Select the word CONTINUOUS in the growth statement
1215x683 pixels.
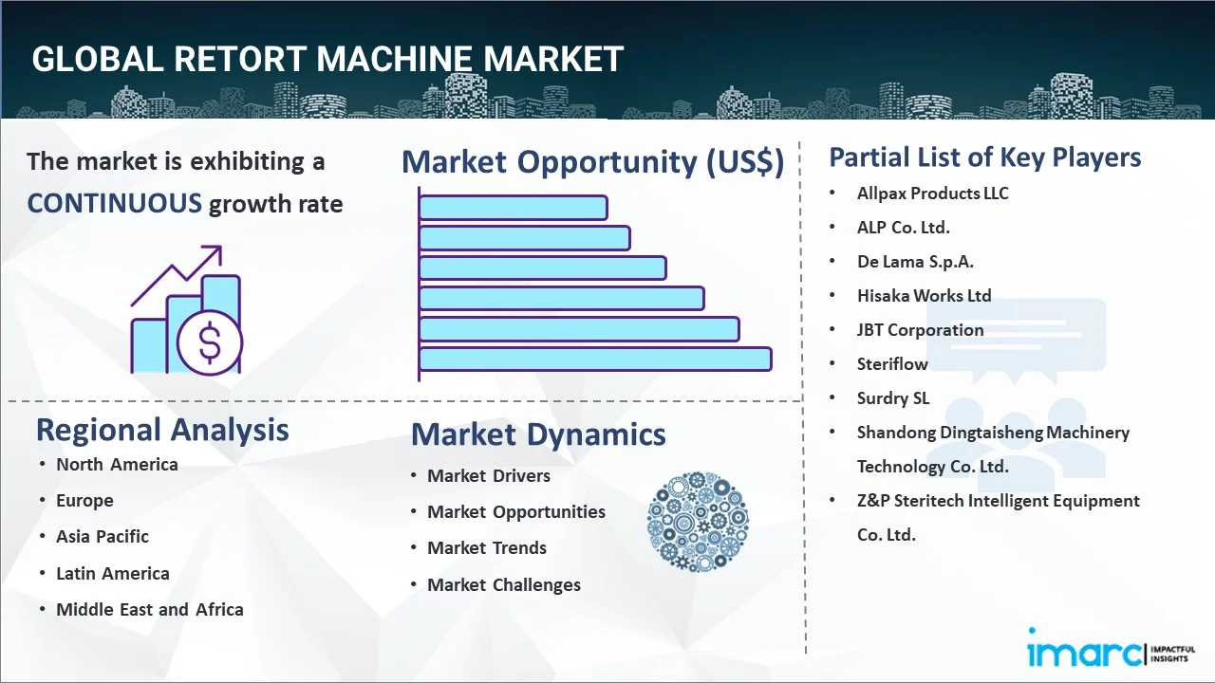(115, 204)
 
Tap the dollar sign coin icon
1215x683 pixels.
(210, 342)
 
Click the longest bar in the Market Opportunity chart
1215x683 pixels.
(595, 360)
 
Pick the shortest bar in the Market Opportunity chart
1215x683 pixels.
(514, 208)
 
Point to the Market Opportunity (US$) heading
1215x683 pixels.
(593, 162)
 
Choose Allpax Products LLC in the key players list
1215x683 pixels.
(932, 194)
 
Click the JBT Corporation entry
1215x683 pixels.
(920, 329)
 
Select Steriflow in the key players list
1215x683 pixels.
(892, 363)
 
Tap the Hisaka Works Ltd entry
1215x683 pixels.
(924, 295)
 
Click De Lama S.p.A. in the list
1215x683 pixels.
(915, 261)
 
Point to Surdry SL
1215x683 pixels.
(893, 397)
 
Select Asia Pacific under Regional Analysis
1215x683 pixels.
(103, 537)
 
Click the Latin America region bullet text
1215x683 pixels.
(113, 573)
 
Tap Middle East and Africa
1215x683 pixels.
(150, 609)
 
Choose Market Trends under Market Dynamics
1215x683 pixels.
(487, 548)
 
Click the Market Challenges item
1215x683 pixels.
(504, 585)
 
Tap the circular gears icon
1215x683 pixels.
(698, 522)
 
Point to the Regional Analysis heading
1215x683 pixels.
(162, 430)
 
